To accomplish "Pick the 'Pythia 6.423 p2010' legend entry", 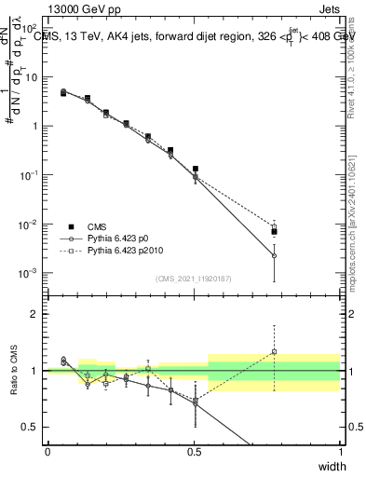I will [125, 251].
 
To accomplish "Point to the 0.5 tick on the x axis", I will [194, 451].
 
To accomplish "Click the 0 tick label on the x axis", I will [47, 451].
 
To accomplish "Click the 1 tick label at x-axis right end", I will [340, 451].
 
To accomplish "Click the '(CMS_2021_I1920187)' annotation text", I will [194, 279].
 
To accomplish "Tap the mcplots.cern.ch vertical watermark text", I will [356, 224].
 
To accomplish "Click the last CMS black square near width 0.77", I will [274, 232].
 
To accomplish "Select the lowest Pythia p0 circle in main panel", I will [274, 255].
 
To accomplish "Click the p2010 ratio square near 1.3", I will [274, 352].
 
